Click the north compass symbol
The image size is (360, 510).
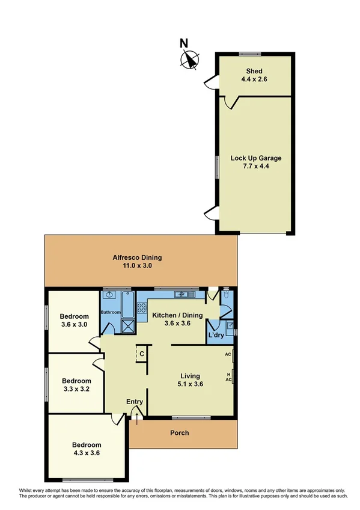191,59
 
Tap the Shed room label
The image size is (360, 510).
254,75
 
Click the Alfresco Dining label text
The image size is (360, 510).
137,257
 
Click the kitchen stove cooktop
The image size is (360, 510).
142,308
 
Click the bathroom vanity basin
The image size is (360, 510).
109,295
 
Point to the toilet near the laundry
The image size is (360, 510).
225,296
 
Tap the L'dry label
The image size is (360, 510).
216,335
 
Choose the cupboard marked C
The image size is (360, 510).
142,354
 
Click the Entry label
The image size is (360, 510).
134,402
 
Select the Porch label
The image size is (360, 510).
179,432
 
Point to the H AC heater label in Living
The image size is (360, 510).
228,376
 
